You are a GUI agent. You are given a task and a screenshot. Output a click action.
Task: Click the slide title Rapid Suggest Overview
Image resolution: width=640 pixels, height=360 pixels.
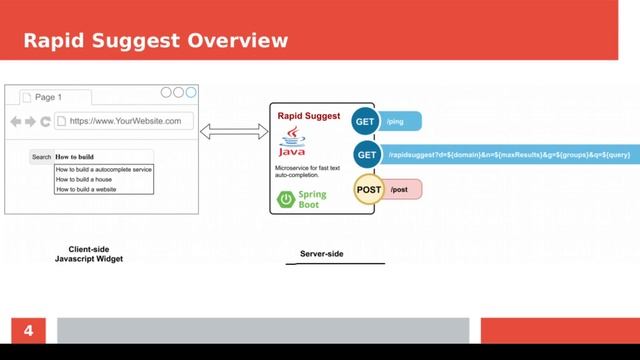pos(155,40)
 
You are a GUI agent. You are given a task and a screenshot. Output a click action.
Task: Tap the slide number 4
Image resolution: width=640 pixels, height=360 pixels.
pos(29,330)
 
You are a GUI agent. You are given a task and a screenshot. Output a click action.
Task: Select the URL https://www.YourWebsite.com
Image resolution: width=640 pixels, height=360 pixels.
pos(125,121)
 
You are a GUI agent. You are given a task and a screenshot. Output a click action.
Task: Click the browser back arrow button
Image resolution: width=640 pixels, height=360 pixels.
pos(15,122)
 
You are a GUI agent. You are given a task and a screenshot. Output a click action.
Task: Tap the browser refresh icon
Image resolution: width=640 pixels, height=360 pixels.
pos(45,122)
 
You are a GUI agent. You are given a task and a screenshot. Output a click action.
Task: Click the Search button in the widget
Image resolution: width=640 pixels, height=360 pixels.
pos(41,157)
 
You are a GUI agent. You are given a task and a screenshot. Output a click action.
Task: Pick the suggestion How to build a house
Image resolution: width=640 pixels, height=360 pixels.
pos(91,179)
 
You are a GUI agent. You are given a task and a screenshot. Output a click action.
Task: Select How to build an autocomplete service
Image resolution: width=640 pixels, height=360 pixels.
pos(104,169)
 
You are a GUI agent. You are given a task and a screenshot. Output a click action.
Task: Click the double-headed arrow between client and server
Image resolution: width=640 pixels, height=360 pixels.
pos(234,131)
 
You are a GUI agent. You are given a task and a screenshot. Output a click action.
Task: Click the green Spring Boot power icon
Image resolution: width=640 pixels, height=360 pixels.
pos(287,199)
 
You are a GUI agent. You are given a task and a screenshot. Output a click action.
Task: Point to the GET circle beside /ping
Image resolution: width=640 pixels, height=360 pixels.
pos(366,121)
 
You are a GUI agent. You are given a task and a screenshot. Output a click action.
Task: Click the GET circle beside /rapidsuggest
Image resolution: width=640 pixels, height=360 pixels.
pos(366,155)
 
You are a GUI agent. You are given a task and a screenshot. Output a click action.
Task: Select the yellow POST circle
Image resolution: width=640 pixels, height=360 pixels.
pos(369,189)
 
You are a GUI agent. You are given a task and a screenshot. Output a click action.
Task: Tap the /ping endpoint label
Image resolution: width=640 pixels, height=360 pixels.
pos(397,121)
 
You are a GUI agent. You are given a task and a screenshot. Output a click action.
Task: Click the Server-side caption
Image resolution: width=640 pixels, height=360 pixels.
pos(321,254)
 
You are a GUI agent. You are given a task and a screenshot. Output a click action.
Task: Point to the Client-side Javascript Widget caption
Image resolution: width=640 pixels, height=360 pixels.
pos(88,254)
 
